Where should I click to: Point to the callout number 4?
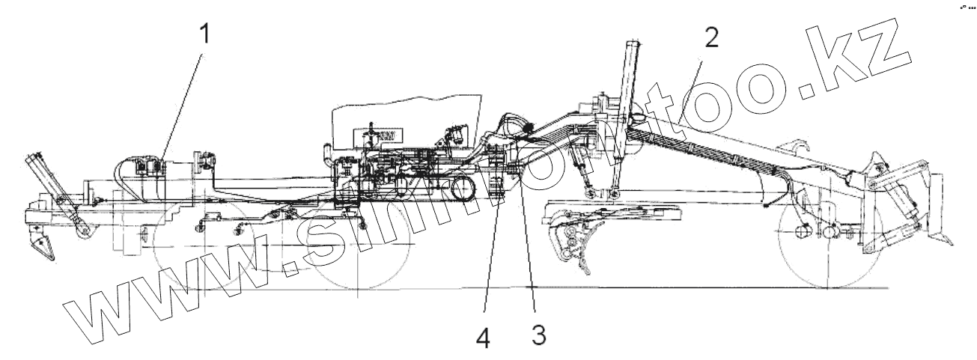pos(484,338)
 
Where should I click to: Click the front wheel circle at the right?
pos(830,237)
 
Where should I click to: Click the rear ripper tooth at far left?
pos(40,244)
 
